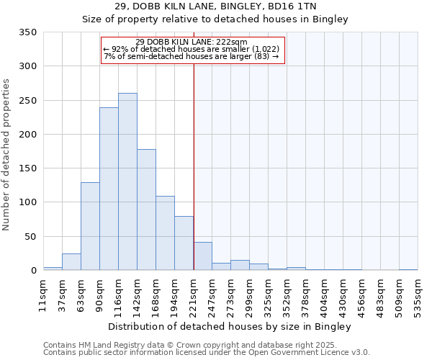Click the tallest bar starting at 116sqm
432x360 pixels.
click(127, 181)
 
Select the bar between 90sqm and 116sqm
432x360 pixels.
click(109, 189)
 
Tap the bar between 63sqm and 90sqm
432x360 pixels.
click(90, 226)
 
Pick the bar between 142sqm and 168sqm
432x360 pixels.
click(146, 210)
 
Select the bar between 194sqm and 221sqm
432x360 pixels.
click(184, 243)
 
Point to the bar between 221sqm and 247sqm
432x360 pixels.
click(203, 256)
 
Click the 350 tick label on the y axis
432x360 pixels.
click(27, 32)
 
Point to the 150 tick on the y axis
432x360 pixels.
click(27, 168)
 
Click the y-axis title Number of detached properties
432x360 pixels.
click(7, 156)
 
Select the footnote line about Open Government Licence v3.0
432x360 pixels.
click(207, 353)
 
